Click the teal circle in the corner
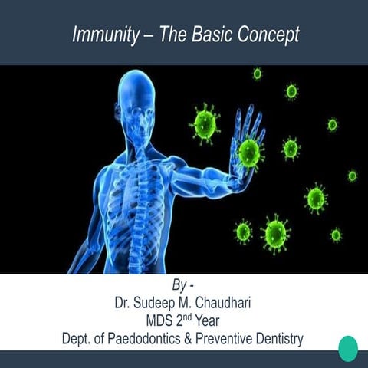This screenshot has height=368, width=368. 348,348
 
